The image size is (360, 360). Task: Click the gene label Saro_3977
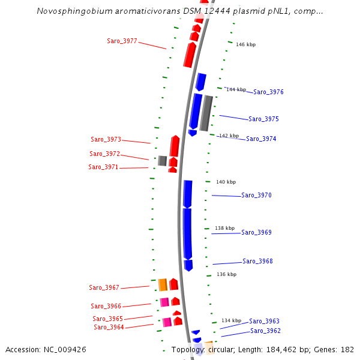[122, 41]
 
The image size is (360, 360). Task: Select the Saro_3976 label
[268, 92]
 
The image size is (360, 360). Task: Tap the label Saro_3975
[263, 119]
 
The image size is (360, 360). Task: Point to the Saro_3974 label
[261, 139]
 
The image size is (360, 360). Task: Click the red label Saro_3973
[106, 140]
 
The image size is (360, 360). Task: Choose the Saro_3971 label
[103, 167]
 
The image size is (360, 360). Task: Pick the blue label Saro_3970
[256, 196]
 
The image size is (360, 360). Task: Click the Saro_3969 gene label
[256, 233]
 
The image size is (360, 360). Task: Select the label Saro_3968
[257, 262]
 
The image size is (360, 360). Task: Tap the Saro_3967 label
[104, 288]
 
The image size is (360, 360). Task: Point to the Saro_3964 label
[109, 328]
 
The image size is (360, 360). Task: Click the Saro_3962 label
[265, 331]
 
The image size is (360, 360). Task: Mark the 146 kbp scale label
[245, 45]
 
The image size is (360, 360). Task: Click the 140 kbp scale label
[226, 182]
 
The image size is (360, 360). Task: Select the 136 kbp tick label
[226, 275]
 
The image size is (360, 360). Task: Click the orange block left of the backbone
[162, 284]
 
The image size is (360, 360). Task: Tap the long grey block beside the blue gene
[206, 113]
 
